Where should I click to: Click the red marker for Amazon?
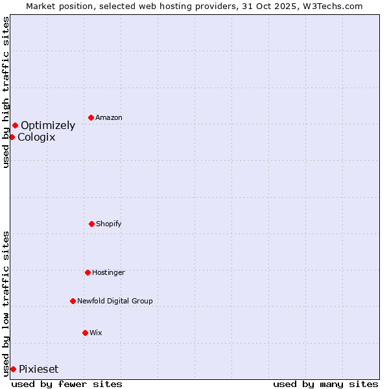(x=91, y=117)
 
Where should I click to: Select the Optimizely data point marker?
(x=15, y=125)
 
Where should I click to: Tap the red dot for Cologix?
(x=12, y=137)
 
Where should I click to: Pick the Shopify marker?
(x=91, y=224)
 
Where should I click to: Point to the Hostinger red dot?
(x=88, y=272)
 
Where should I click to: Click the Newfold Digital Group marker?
(x=73, y=301)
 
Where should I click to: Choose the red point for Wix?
(x=85, y=333)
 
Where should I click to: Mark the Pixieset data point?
(x=13, y=369)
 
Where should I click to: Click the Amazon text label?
(x=109, y=118)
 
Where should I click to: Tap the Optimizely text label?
(x=48, y=126)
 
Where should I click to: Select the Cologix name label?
(x=36, y=137)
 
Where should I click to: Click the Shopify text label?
(x=109, y=224)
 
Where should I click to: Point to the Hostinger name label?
(x=108, y=273)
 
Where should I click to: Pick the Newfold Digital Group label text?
(x=115, y=301)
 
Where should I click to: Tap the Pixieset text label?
(x=38, y=370)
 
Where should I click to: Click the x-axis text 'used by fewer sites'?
(x=67, y=384)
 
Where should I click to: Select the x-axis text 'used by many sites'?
(x=325, y=384)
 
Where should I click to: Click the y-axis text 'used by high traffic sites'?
(x=6, y=92)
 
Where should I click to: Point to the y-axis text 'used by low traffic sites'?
(x=6, y=303)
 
